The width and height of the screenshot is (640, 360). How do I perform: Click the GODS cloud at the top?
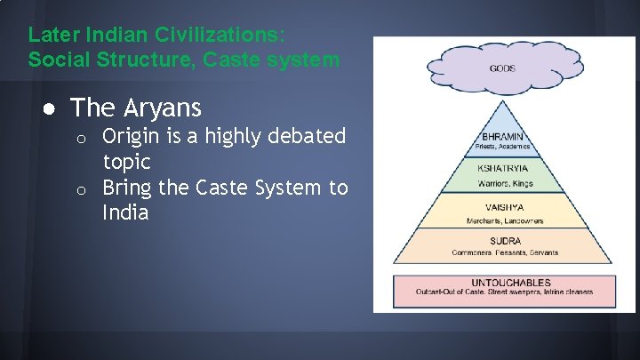(x=502, y=68)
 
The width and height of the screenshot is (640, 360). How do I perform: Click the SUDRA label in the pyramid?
(x=505, y=241)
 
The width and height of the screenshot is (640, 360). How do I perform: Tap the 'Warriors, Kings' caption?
(x=505, y=184)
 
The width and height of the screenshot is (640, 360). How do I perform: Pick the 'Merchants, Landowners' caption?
(x=505, y=220)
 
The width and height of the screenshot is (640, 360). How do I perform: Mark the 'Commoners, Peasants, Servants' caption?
(x=505, y=252)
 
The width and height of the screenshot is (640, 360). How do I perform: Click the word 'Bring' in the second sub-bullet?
(x=127, y=188)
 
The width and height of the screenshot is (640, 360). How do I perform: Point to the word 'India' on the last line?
(x=124, y=214)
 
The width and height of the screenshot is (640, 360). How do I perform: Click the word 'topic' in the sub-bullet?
(x=126, y=163)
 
